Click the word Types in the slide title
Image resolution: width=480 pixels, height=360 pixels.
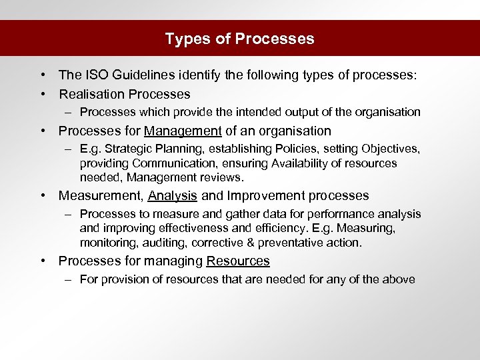click(184, 39)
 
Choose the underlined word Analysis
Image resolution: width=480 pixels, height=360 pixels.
click(173, 196)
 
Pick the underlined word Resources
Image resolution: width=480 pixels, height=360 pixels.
click(238, 261)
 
